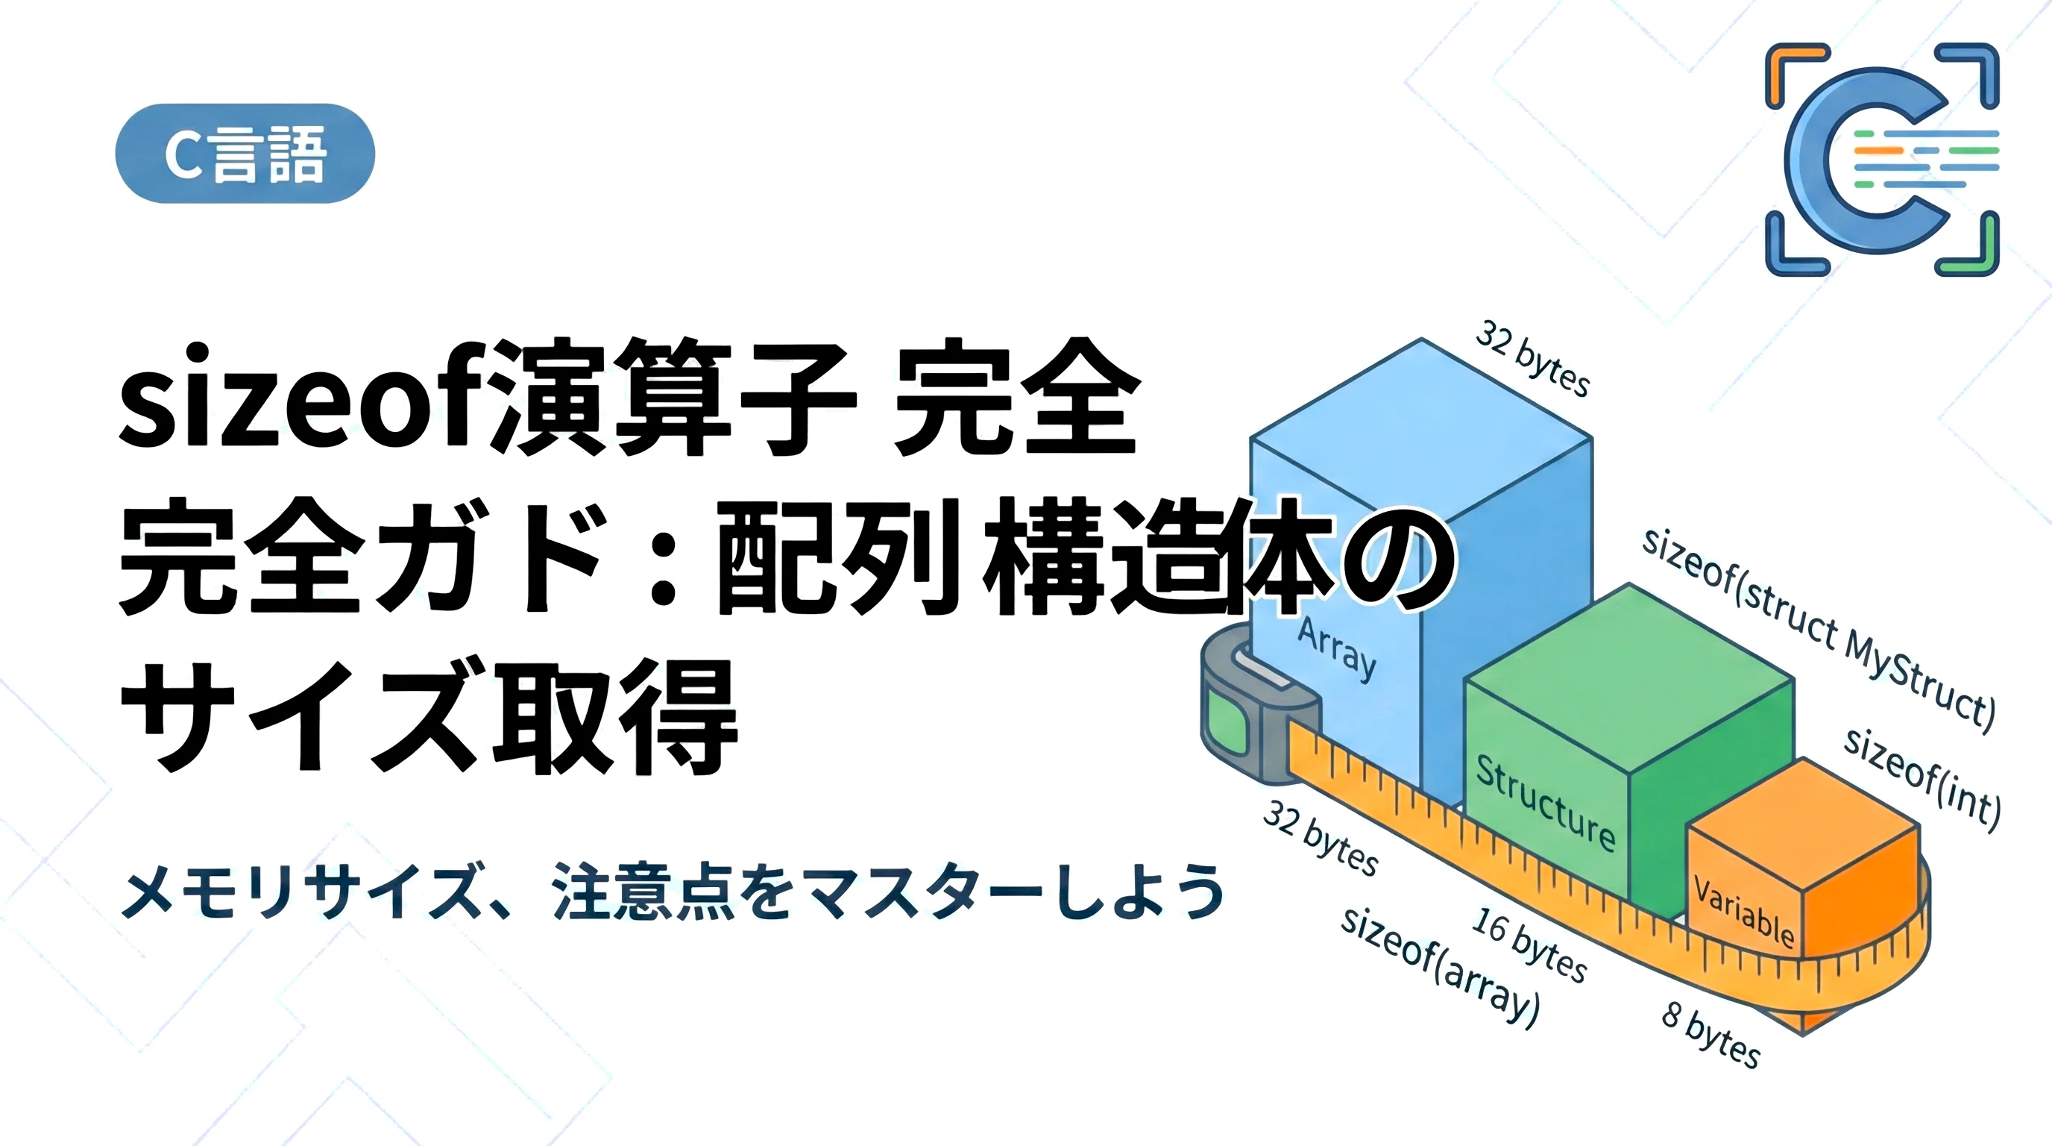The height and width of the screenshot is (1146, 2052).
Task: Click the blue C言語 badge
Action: pos(245,153)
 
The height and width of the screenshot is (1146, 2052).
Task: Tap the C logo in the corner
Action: pos(1881,160)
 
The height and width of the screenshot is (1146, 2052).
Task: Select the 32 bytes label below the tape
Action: pos(1321,838)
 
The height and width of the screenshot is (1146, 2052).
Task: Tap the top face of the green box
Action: pos(1628,677)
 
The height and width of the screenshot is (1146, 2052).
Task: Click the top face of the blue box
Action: pos(1421,426)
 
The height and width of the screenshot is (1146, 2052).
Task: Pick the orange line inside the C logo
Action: pos(1878,150)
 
